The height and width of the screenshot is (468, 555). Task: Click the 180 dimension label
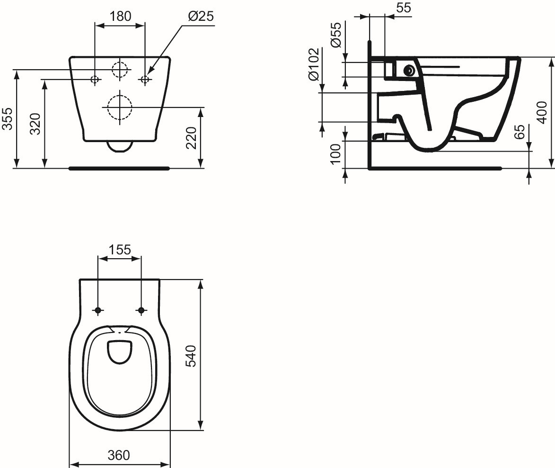click(120, 16)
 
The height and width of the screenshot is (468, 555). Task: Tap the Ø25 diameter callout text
click(201, 16)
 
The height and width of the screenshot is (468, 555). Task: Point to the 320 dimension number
click(35, 124)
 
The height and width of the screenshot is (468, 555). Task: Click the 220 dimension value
click(191, 138)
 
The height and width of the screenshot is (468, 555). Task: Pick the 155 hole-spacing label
click(119, 250)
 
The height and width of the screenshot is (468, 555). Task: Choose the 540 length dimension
click(191, 356)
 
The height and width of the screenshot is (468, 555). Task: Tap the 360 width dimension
click(119, 455)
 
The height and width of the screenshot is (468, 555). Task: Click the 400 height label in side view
click(542, 112)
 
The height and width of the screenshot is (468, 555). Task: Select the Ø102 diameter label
click(314, 64)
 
